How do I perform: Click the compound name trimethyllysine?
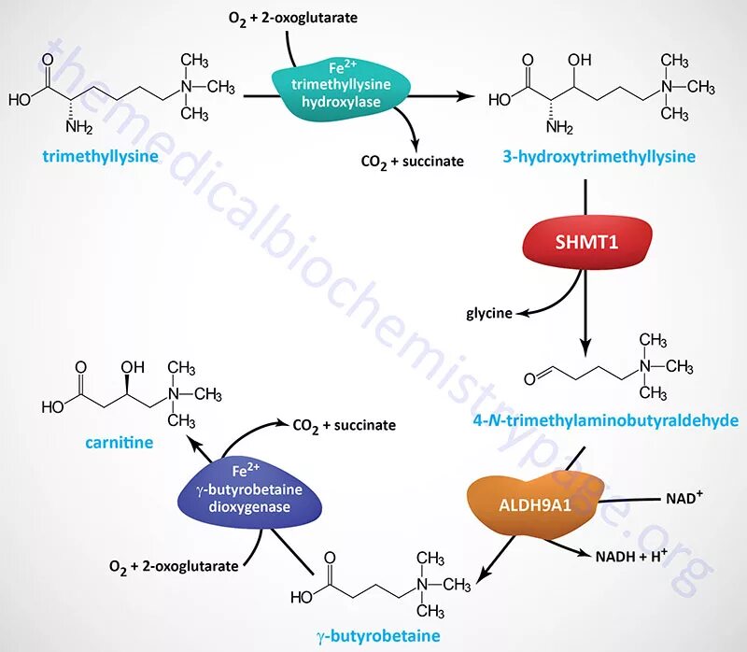click(100, 156)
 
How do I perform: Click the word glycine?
click(489, 313)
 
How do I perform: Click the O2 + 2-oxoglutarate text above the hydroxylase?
click(279, 18)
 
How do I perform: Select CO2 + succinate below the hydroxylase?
click(412, 162)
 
